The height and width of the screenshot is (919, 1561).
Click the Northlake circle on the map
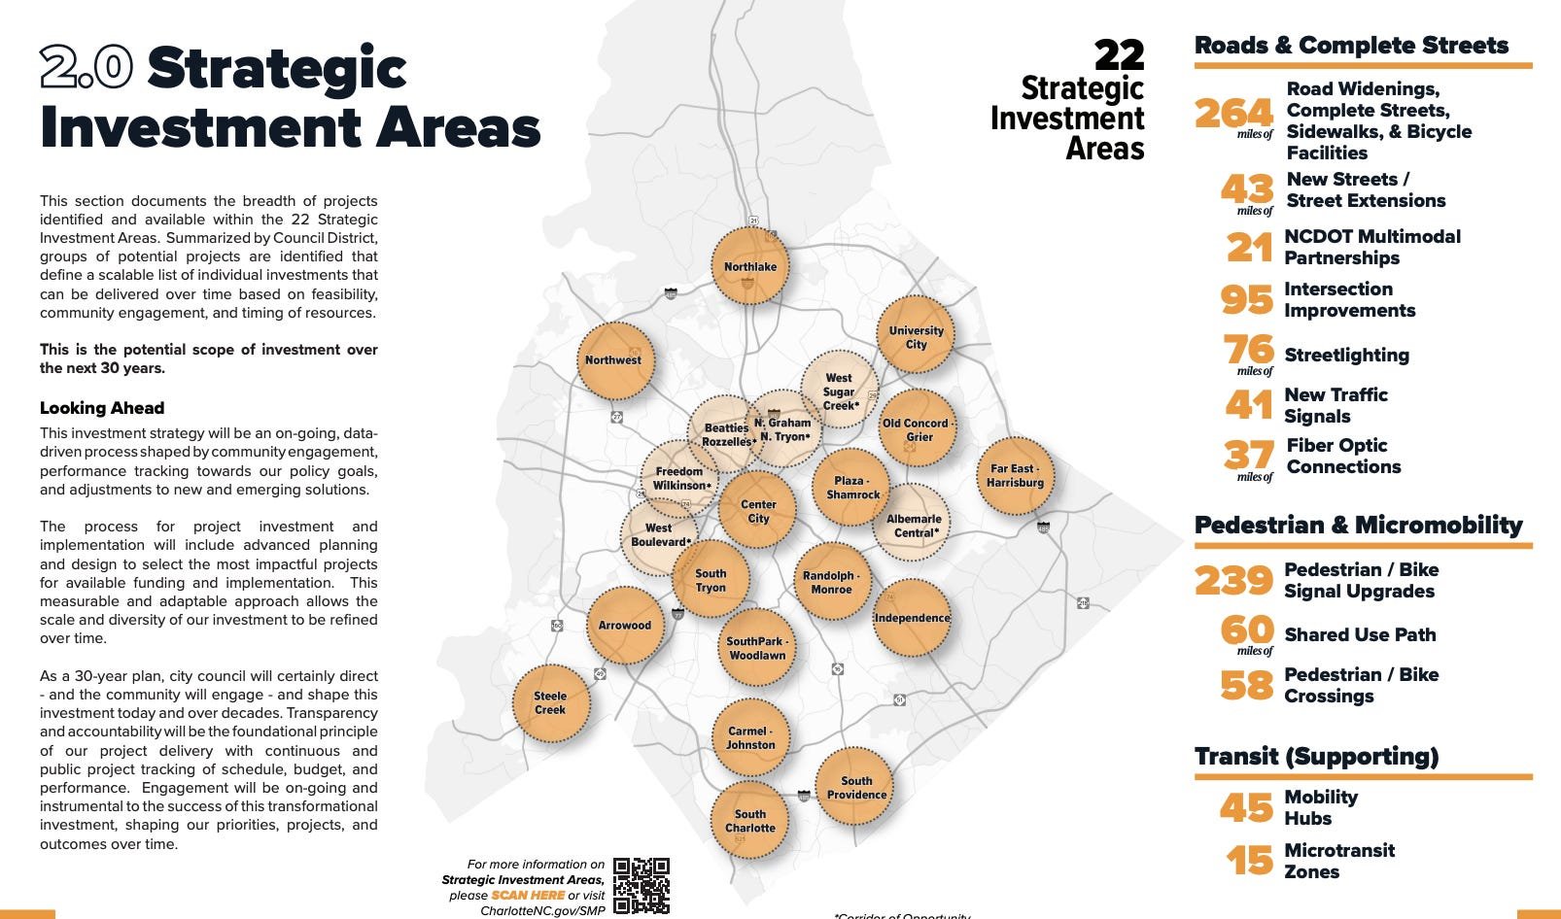[749, 266]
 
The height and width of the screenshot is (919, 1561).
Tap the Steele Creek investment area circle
[550, 703]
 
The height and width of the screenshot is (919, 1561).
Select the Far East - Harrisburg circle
[1015, 475]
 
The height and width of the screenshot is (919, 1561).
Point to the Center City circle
[757, 511]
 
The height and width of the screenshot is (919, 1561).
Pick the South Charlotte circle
[749, 821]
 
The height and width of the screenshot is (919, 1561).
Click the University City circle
[916, 336]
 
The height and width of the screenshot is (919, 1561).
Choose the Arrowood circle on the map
[624, 626]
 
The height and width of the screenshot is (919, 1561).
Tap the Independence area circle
[912, 618]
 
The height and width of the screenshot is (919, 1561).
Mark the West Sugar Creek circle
[839, 391]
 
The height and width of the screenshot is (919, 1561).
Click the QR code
[642, 885]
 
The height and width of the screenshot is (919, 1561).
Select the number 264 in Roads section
[1233, 114]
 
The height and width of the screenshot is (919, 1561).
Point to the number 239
[1233, 581]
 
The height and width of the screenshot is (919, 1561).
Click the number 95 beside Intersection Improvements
[1246, 299]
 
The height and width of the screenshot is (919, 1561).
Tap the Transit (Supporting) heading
[1316, 756]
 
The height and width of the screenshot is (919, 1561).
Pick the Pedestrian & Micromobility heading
[1358, 525]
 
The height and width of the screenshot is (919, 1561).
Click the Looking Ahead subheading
[102, 408]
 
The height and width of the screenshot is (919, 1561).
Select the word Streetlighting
[1346, 355]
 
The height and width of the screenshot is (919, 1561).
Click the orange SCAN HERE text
[528, 895]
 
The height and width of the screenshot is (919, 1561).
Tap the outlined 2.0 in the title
[87, 68]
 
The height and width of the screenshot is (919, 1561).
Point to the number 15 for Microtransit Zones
[1249, 861]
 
